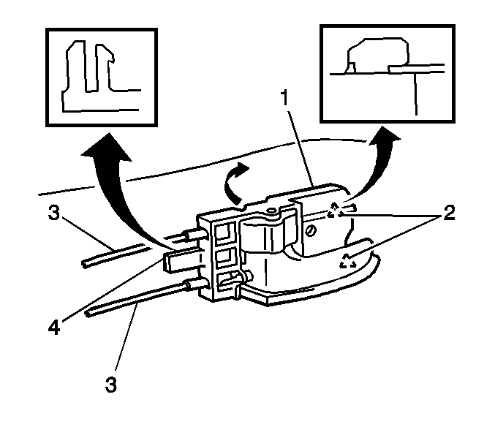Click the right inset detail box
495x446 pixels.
(x=384, y=72)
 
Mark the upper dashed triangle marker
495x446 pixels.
(x=336, y=210)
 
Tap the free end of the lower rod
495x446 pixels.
(x=90, y=314)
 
